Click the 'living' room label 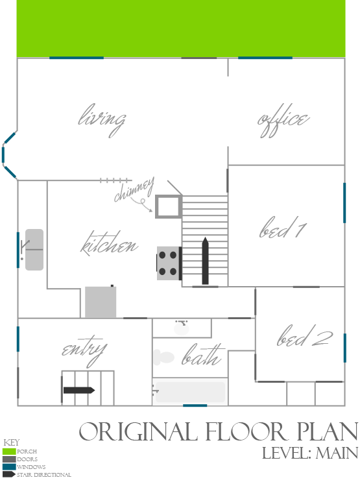point(102,120)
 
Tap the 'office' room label point(283,120)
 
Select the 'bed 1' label point(283,228)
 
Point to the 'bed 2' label point(305,336)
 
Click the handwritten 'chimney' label point(134,189)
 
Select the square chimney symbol point(168,206)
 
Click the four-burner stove point(169,263)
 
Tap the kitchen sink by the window point(34,250)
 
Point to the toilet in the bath point(164,357)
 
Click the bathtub point(190,392)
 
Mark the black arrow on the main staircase point(205,261)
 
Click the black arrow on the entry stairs point(79,391)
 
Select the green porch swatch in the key point(9,452)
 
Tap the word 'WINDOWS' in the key point(31,467)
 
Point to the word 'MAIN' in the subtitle point(337,453)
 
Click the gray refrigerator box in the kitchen point(101,302)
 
